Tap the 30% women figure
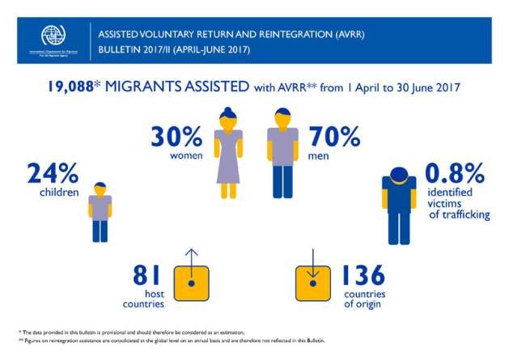click(176, 134)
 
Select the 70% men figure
click(330, 134)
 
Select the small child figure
click(100, 211)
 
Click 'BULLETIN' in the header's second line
click(120, 49)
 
